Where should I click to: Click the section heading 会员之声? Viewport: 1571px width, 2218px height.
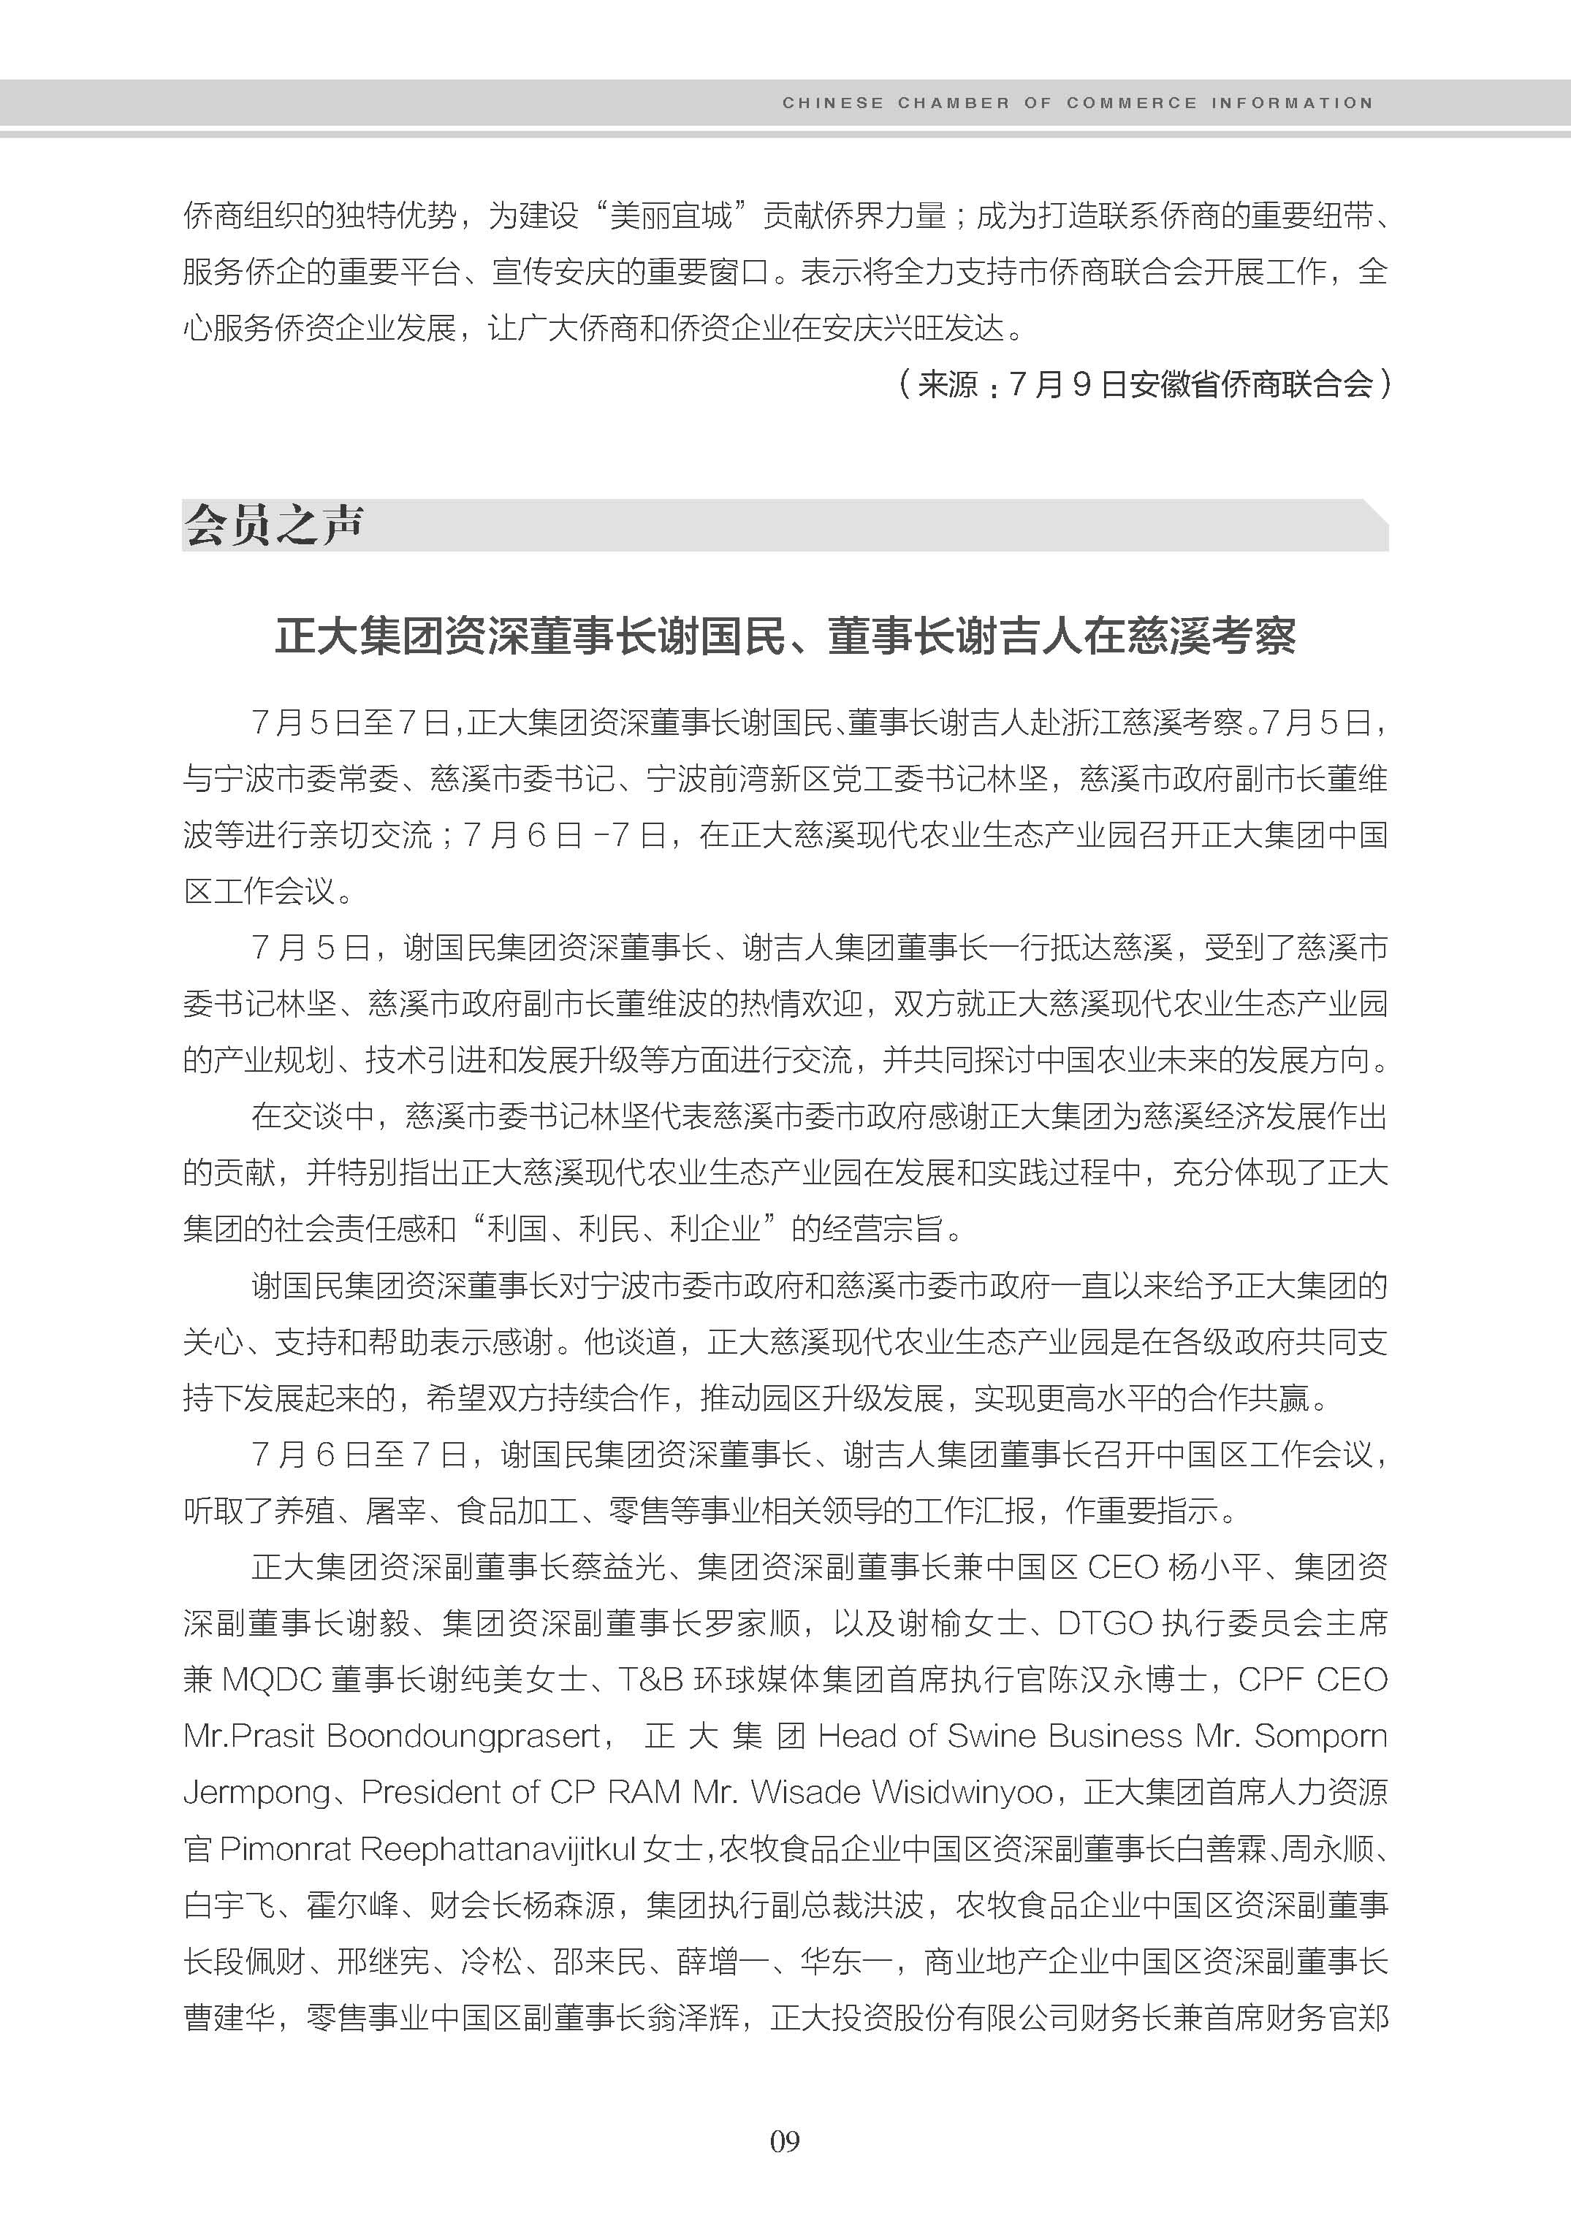274,525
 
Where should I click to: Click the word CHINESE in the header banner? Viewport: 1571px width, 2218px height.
832,102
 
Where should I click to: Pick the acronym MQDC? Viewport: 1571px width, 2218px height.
272,1680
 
